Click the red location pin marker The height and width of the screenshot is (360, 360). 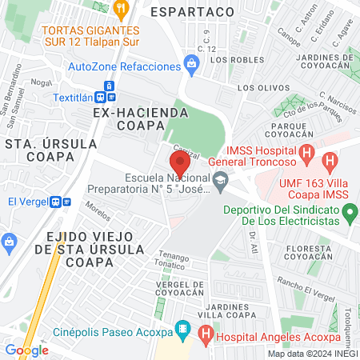(178, 163)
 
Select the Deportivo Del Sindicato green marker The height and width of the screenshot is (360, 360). (349, 213)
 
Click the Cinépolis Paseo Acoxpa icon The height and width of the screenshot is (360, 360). (183, 329)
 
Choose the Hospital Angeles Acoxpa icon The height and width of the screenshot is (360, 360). (206, 334)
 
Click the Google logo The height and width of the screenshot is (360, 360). (26, 350)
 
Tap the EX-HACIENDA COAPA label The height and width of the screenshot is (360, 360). (141, 120)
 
